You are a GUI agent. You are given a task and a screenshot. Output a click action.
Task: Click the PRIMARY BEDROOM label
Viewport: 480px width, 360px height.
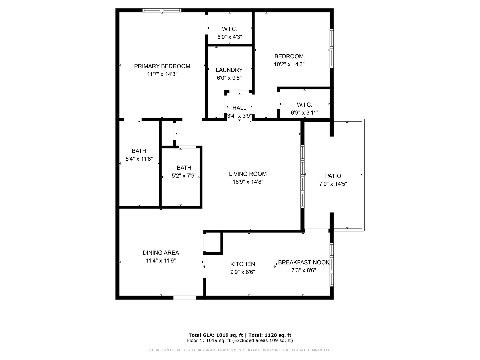(x=162, y=66)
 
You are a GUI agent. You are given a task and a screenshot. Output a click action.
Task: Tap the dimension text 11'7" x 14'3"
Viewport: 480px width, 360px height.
(x=162, y=74)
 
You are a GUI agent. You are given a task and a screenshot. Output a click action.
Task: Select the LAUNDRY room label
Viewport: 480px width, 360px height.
(x=229, y=70)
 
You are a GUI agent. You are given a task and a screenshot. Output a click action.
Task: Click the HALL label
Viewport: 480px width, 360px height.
(x=239, y=108)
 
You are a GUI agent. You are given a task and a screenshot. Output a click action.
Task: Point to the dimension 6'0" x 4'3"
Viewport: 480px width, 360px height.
(x=230, y=37)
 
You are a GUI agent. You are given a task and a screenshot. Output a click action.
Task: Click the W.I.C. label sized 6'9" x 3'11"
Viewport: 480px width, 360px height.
(x=304, y=105)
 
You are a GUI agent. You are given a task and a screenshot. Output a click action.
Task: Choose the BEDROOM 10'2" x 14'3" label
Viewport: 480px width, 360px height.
(x=289, y=57)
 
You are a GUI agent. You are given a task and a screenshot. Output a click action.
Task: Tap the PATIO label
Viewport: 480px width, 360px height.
(x=333, y=176)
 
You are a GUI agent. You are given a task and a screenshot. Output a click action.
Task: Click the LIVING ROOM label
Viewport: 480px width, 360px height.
(x=248, y=174)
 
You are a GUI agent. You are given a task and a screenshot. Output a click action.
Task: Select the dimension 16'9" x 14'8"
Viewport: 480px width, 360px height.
(x=248, y=182)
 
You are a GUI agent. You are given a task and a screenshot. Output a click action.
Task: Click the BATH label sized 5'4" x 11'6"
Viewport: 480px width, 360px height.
(x=139, y=151)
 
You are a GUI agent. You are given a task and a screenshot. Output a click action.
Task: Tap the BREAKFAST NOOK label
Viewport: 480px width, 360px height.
(x=303, y=263)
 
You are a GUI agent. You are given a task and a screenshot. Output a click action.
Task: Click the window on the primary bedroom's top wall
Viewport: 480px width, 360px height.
(x=162, y=10)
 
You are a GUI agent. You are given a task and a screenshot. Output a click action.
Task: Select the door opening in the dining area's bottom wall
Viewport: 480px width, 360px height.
(x=185, y=297)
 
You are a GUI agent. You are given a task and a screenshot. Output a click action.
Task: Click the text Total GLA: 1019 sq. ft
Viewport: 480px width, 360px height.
(x=216, y=335)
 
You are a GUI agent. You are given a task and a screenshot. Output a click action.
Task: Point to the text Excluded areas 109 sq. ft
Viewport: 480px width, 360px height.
(x=263, y=341)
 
